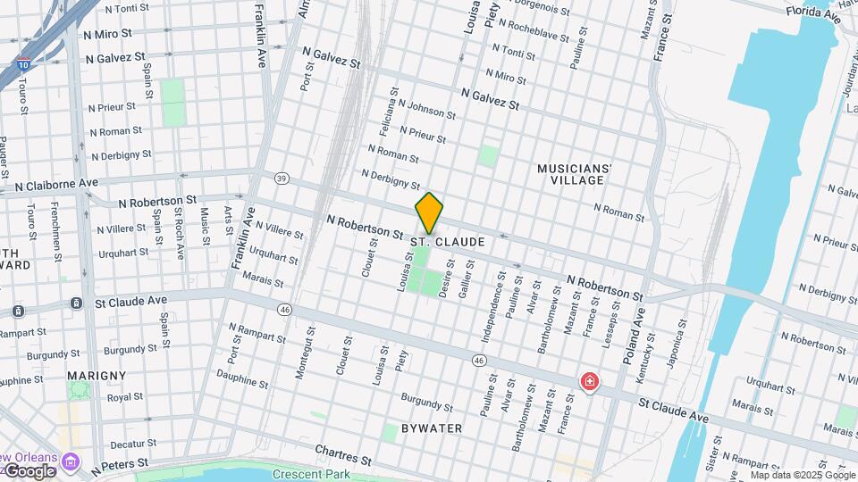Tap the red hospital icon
coord(589,382)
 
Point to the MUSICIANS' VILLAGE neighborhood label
coord(575,174)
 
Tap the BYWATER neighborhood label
coord(432,428)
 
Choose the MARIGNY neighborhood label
coord(97,376)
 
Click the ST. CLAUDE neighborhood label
coord(448,242)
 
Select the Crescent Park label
coord(311,474)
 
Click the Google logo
coord(29,470)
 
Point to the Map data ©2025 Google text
coord(802,475)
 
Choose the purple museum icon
coord(71,462)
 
